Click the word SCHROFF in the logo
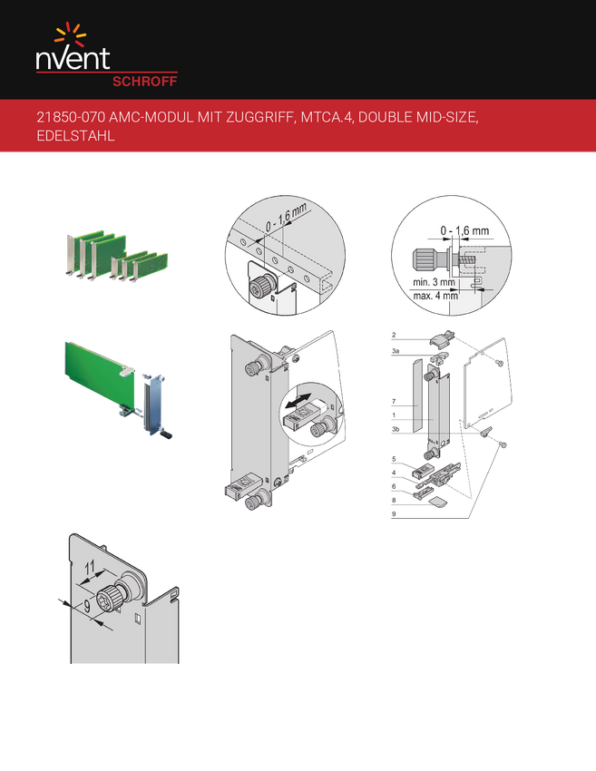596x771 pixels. click(144, 82)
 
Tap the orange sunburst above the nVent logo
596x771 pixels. click(71, 34)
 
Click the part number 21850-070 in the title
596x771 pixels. click(71, 118)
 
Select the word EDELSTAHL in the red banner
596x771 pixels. click(75, 136)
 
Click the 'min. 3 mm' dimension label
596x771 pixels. click(434, 282)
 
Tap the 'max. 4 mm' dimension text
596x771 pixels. click(435, 296)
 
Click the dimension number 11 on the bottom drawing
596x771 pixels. click(90, 568)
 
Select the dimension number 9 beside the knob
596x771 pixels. click(87, 606)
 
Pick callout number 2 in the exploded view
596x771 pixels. click(394, 336)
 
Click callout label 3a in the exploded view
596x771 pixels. click(396, 351)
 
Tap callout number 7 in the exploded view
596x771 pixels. click(394, 402)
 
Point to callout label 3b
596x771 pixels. click(396, 429)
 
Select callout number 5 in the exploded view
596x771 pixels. click(394, 459)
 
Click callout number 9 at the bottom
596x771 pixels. click(394, 514)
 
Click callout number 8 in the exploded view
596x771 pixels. click(394, 501)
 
